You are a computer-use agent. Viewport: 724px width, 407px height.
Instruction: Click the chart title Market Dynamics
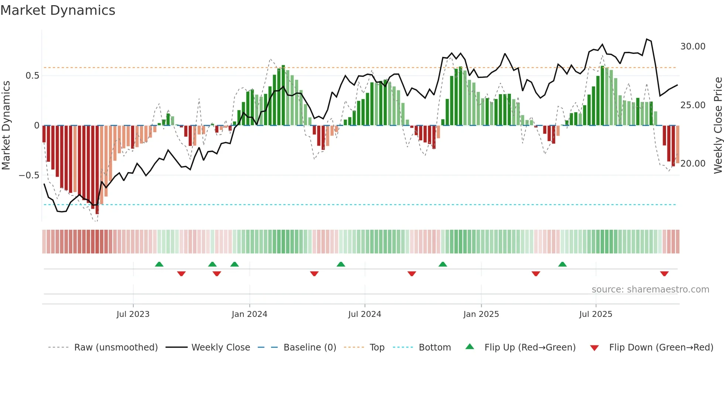point(58,10)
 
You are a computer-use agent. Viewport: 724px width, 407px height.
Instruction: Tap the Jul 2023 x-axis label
point(133,314)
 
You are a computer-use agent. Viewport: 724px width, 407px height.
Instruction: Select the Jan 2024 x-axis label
point(249,314)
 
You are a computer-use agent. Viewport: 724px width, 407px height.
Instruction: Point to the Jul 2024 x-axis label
point(365,314)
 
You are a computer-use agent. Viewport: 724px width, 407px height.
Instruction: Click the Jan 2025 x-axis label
point(481,314)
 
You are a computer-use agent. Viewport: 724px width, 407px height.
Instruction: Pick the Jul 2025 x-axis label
point(595,314)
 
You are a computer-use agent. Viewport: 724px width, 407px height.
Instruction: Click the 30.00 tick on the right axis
point(693,47)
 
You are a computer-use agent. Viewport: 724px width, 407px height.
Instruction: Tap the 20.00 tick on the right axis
point(693,163)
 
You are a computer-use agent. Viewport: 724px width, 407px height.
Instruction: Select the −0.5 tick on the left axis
point(29,175)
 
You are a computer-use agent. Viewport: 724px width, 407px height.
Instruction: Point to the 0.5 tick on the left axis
point(32,76)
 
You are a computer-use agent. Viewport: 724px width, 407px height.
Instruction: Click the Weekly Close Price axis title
point(718,126)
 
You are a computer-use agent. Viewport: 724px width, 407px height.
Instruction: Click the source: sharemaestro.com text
point(650,290)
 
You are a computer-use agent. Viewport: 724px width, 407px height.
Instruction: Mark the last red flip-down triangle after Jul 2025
point(664,274)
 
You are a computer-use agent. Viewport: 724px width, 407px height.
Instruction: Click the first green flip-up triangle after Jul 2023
point(159,264)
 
